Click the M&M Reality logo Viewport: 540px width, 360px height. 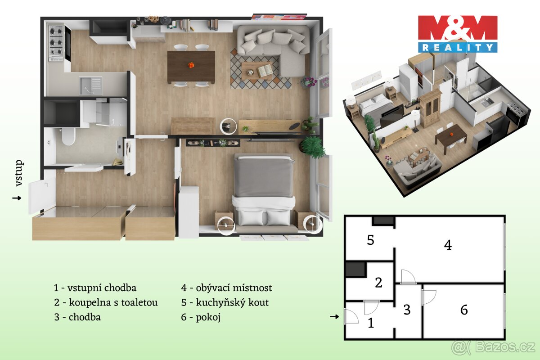tap(458, 34)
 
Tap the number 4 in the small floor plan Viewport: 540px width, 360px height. tap(447, 245)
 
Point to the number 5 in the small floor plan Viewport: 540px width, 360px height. tap(370, 240)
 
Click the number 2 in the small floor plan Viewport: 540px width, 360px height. tap(378, 283)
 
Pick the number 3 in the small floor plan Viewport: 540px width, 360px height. tap(407, 310)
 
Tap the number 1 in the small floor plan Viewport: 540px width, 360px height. tap(371, 323)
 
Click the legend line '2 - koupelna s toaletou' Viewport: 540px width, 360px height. tap(106, 302)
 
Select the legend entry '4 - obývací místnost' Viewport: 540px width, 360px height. tap(227, 288)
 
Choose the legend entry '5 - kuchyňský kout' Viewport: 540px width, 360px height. tap(225, 302)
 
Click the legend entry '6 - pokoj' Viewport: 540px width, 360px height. tap(201, 317)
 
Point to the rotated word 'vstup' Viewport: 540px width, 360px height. tap(19, 173)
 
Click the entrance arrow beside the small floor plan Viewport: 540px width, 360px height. tap(334, 317)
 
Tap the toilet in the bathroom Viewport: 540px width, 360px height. tap(68, 136)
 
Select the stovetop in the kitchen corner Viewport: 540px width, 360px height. tap(56, 43)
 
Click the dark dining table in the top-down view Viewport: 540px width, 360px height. tap(191, 67)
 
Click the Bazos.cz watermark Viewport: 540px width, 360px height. tap(493, 347)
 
